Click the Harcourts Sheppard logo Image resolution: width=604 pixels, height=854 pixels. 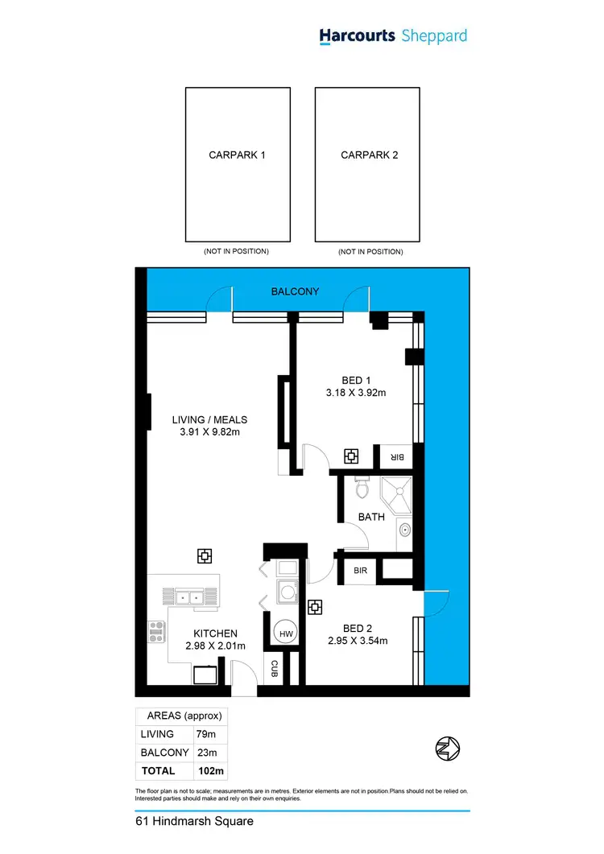click(392, 36)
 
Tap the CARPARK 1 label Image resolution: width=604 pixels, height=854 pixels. click(237, 155)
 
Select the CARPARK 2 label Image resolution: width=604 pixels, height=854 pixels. click(370, 155)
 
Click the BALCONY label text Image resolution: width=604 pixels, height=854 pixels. click(295, 291)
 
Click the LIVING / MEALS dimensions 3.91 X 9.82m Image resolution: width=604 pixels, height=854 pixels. click(209, 432)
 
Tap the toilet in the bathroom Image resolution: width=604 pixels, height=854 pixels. click(362, 488)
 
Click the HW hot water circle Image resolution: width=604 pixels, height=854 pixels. click(285, 634)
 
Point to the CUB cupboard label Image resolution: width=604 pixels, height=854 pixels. click(274, 667)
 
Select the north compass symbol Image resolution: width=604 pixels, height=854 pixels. click(447, 748)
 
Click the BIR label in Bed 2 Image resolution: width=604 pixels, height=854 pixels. click(360, 570)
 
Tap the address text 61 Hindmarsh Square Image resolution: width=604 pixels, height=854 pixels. click(194, 822)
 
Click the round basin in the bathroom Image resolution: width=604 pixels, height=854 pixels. click(405, 530)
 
